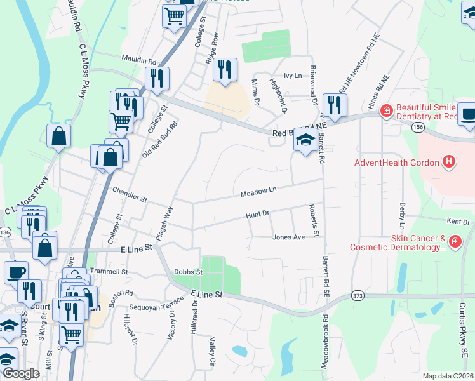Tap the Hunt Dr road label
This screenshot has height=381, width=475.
[x=258, y=216]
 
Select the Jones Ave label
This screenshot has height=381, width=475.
[x=288, y=237]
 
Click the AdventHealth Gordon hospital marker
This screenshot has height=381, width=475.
[x=449, y=163]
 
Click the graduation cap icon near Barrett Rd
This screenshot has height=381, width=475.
[x=305, y=140]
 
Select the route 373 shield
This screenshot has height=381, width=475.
[x=357, y=296]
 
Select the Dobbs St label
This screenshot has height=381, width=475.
[x=187, y=272]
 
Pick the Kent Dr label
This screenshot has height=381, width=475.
[x=458, y=222]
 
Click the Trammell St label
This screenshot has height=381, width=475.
[x=109, y=271]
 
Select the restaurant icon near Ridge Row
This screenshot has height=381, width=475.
[x=224, y=69]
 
